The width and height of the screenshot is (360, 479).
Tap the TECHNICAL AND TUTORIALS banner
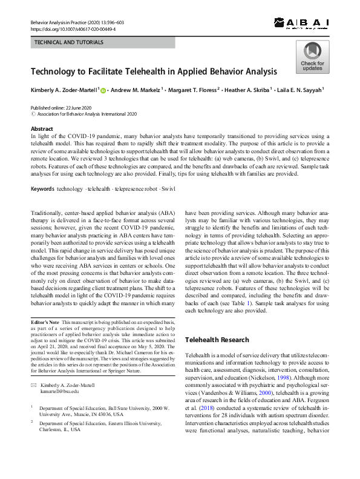tap(69, 43)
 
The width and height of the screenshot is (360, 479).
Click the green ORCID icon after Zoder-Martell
tap(103, 90)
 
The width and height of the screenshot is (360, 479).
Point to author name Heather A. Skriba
tap(246, 90)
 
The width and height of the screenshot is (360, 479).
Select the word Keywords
tap(42, 190)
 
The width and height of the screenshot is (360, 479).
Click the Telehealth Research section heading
tap(217, 340)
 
